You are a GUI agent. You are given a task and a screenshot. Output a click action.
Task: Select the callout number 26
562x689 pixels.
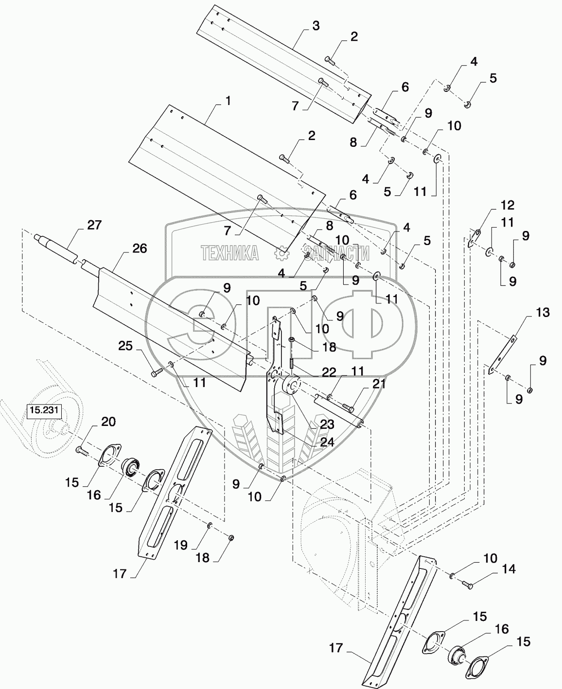[x=139, y=249]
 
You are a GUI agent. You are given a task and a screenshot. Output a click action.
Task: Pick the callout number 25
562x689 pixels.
[x=126, y=346]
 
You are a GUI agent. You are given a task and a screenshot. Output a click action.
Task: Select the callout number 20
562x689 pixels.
[x=108, y=422]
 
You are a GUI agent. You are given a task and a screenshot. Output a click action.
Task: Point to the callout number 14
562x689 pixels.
[x=509, y=568]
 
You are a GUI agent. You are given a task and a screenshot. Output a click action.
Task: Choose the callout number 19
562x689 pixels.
[x=181, y=546]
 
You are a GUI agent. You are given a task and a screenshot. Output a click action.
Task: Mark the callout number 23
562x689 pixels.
[x=327, y=424]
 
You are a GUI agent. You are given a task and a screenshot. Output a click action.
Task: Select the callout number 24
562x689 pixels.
[x=327, y=442]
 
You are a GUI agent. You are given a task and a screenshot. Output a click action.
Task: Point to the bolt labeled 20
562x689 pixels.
[x=81, y=452]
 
